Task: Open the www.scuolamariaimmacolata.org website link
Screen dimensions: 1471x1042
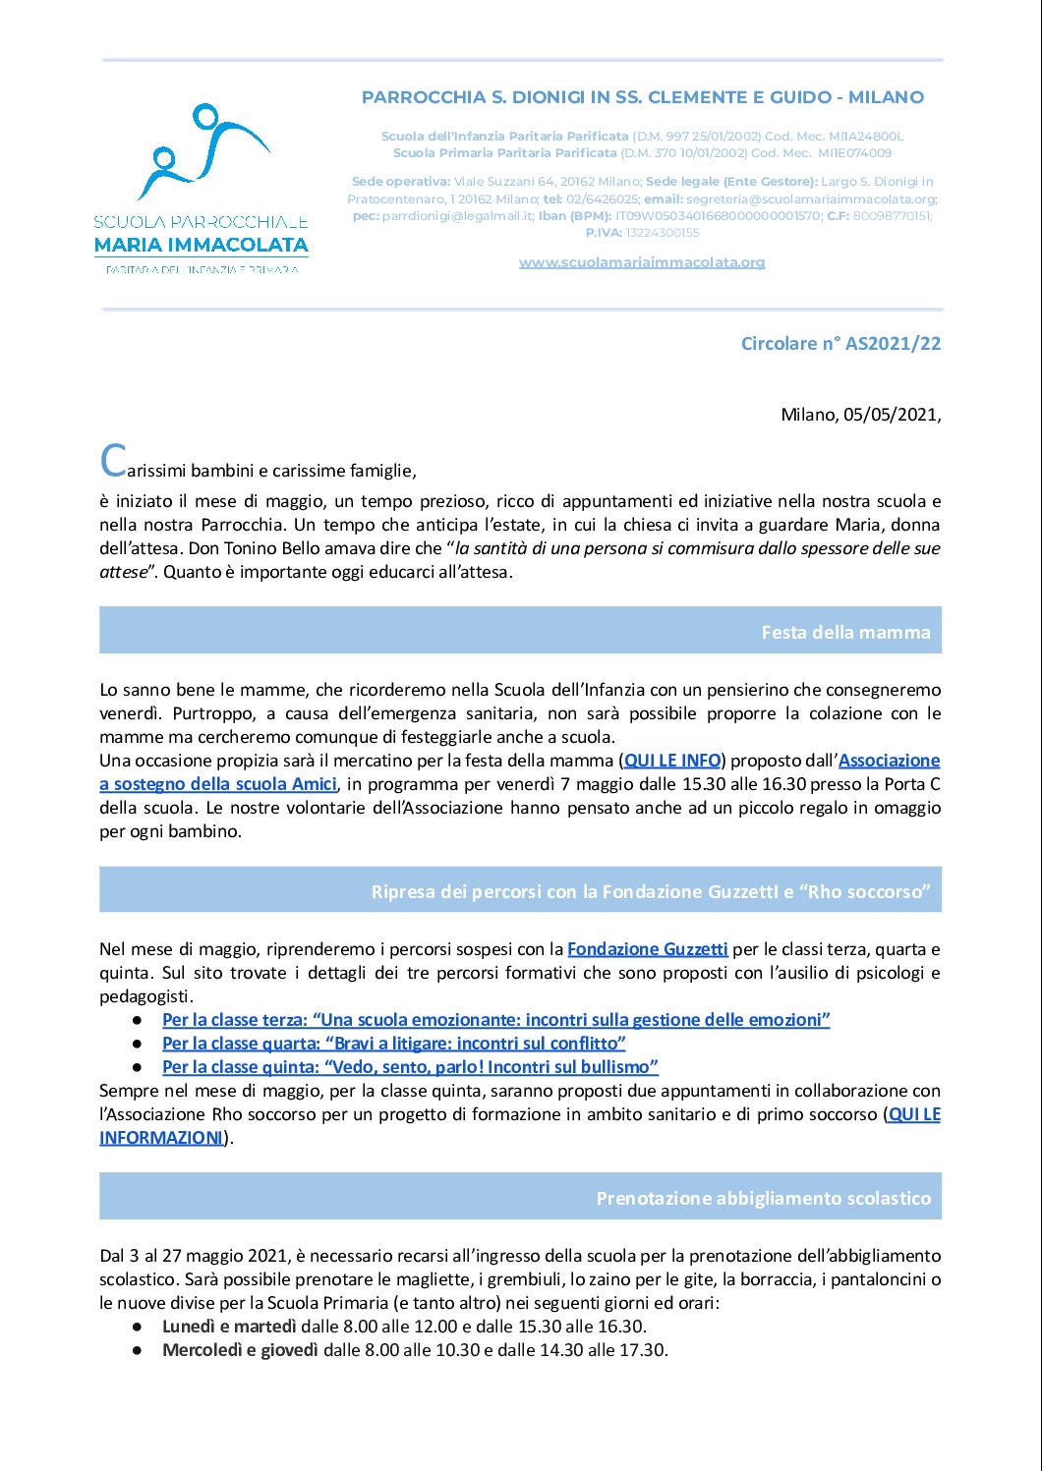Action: [642, 262]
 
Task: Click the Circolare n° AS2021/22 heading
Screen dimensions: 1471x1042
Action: [840, 343]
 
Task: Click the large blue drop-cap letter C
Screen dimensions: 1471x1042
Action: [113, 460]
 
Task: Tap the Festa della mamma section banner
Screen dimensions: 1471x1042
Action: [520, 631]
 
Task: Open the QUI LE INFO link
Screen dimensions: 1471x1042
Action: [673, 761]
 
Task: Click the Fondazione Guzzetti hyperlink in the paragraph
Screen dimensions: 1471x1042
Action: [647, 949]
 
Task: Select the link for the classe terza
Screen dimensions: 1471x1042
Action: [495, 1020]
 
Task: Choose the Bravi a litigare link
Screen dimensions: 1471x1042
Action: [393, 1044]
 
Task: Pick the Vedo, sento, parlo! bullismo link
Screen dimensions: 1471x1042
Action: [410, 1067]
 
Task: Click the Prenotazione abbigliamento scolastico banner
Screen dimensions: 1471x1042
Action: [520, 1197]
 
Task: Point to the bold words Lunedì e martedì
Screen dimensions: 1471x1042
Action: [229, 1327]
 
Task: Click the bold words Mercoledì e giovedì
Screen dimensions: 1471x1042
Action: [240, 1350]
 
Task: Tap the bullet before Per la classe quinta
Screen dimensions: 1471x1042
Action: [139, 1067]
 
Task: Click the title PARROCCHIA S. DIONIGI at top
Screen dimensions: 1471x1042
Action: [642, 97]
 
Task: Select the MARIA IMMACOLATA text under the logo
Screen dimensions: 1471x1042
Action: [202, 245]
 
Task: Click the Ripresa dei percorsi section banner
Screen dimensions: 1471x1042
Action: [520, 890]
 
